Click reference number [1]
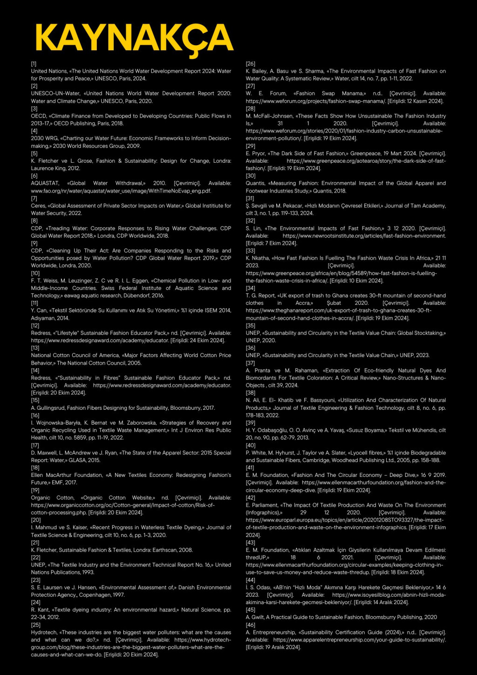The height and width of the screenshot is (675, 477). pyautogui.click(x=34, y=64)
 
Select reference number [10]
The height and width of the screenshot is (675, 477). pyautogui.click(x=35, y=273)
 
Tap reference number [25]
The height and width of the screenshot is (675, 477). pyautogui.click(x=35, y=625)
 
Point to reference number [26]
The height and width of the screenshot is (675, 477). pyautogui.click(x=250, y=64)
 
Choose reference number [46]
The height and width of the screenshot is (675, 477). pyautogui.click(x=250, y=625)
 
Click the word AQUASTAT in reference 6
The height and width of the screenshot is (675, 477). pyautogui.click(x=45, y=183)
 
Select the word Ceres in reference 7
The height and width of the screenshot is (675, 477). pyautogui.click(x=38, y=206)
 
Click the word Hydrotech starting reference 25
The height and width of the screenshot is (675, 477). pyautogui.click(x=44, y=633)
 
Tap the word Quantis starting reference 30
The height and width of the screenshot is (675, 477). pyautogui.click(x=256, y=183)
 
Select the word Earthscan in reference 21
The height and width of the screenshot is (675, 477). pyautogui.click(x=178, y=550)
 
